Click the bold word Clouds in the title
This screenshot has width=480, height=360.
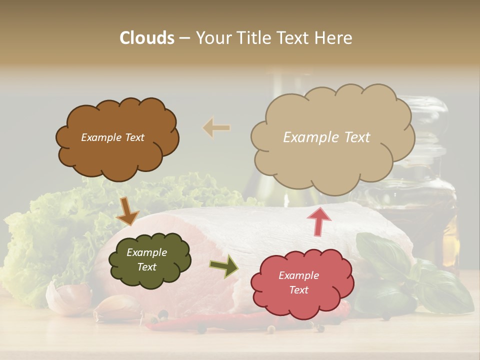[x=147, y=38]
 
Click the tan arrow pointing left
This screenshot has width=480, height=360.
[x=216, y=128]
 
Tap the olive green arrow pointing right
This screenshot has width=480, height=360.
[x=224, y=265]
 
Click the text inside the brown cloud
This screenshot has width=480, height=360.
[x=112, y=137]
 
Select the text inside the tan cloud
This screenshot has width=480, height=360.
[x=326, y=137]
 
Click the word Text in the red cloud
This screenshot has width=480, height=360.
[x=298, y=290]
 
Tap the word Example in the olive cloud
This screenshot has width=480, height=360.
[x=146, y=253]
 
